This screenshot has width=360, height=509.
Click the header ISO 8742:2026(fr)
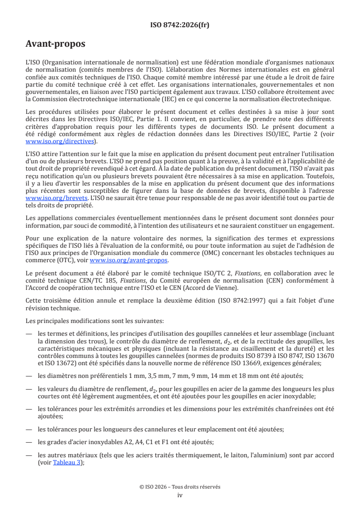pyautogui.click(x=180, y=25)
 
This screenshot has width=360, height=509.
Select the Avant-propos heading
pyautogui.click(x=55, y=44)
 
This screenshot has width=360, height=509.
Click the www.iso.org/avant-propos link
pyautogui.click(x=128, y=260)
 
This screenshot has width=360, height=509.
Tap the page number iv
pyautogui.click(x=180, y=495)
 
